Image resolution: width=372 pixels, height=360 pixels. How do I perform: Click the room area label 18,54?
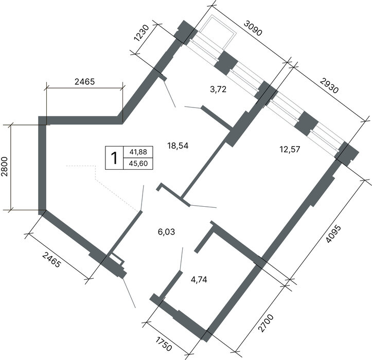178,146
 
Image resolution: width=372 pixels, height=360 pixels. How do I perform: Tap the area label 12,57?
290,150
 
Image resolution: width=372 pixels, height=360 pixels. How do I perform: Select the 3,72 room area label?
218,89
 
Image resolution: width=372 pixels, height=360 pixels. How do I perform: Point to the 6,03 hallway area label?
167,232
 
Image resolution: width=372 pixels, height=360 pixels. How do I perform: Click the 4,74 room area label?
199,280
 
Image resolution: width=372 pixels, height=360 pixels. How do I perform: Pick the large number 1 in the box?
114,158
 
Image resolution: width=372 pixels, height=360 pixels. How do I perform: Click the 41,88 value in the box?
138,152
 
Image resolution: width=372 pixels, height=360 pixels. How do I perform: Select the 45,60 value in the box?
138,164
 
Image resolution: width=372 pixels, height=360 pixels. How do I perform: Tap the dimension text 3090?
253,28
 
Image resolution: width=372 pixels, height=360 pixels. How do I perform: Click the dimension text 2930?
329,85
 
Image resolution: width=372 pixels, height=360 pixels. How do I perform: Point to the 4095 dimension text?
333,234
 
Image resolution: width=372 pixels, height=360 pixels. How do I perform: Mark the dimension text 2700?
266,323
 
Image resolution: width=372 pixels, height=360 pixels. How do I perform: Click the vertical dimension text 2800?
5,166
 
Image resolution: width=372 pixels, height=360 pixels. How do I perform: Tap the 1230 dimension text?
141,33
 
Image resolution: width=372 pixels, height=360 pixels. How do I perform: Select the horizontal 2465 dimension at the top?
85,82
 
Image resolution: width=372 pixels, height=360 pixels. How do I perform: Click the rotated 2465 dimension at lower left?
51,260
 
